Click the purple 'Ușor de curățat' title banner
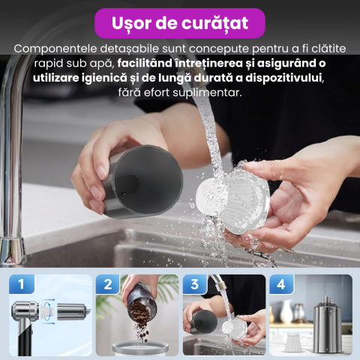click(x=180, y=23)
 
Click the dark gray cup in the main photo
click(x=142, y=181)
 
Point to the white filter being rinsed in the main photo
click(x=232, y=197)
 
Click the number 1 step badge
click(x=22, y=284)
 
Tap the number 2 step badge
click(x=108, y=284)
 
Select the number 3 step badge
click(x=195, y=284)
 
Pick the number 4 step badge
click(x=281, y=284)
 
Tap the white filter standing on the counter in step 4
click(x=292, y=342)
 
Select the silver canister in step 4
click(x=326, y=325)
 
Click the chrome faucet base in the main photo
click(x=13, y=250)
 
